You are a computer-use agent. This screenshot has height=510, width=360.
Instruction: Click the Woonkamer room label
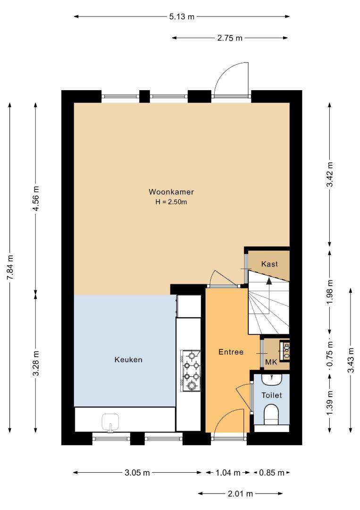click(171, 192)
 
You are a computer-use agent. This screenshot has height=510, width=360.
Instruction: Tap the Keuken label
click(128, 359)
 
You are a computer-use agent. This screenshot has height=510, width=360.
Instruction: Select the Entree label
click(231, 352)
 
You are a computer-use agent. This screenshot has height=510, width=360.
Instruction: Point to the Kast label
click(270, 263)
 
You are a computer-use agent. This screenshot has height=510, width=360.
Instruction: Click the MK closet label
click(271, 362)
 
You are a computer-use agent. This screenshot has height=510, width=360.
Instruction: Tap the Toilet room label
click(272, 395)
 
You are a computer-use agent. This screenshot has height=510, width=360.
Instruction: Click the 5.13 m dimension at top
click(182, 17)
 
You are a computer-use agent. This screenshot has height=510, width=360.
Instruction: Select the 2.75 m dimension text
click(230, 38)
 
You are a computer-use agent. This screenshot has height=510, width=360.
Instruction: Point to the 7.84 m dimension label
click(10, 267)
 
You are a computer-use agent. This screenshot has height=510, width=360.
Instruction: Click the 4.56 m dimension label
click(36, 198)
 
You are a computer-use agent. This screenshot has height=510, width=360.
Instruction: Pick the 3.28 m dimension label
click(36, 363)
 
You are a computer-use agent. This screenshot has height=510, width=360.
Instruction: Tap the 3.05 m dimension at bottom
click(137, 473)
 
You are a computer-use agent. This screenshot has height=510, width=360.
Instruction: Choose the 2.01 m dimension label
click(240, 494)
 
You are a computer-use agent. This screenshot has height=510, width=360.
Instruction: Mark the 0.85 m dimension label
click(272, 473)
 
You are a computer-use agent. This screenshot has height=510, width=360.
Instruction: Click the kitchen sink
click(110, 423)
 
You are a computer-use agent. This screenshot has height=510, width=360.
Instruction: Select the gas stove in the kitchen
click(191, 371)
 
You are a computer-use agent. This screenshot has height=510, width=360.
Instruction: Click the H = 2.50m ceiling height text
click(171, 202)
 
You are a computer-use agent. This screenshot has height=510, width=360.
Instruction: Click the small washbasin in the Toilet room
click(272, 379)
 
